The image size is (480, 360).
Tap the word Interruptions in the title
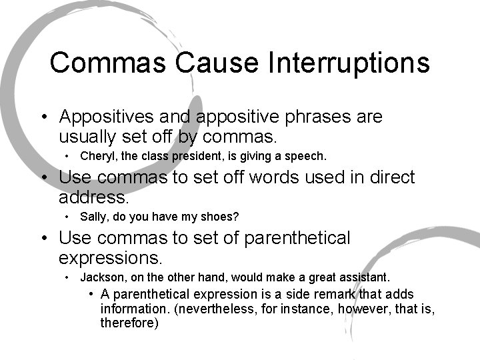coord(349,63)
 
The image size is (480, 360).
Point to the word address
coord(93,197)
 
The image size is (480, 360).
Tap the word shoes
coord(223,217)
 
